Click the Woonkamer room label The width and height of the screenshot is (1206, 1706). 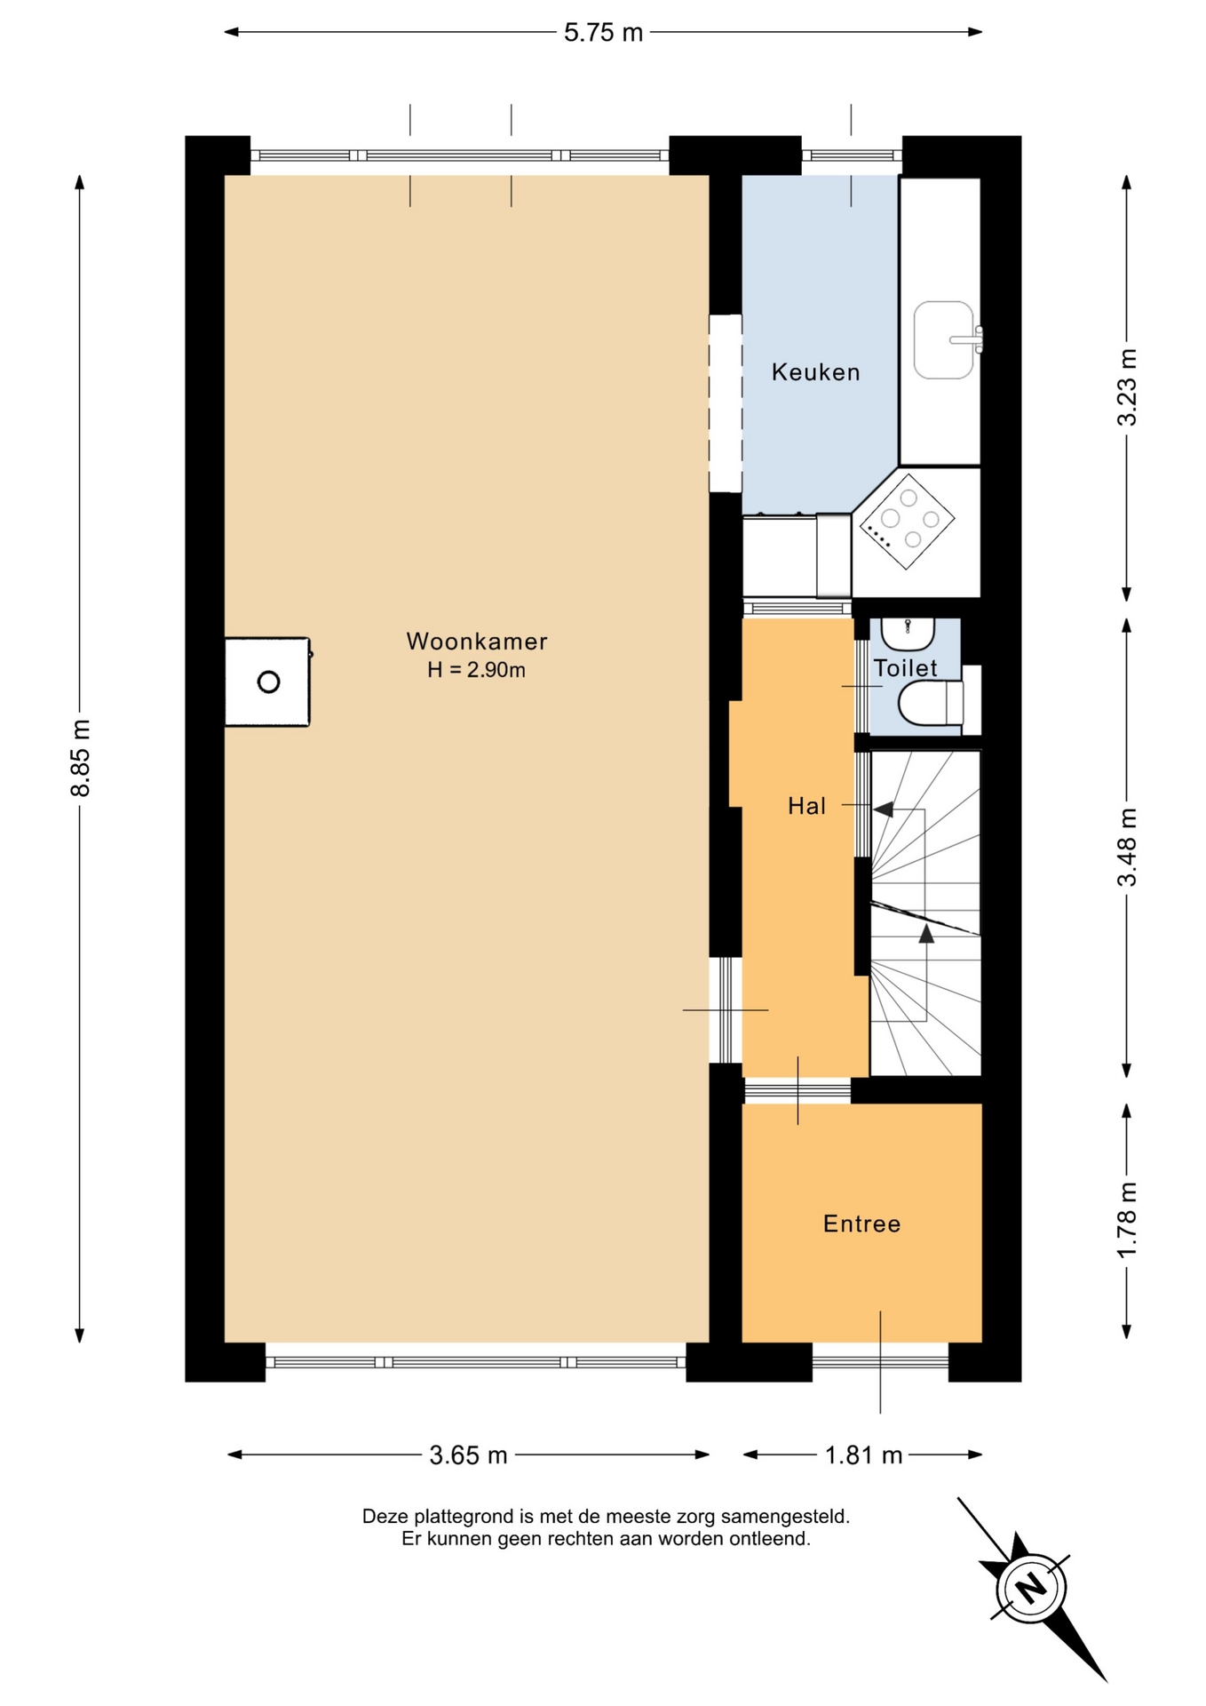pyautogui.click(x=477, y=641)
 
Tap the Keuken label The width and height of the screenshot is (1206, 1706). pyautogui.click(x=815, y=371)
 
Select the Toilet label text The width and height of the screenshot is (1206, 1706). pyautogui.click(x=905, y=668)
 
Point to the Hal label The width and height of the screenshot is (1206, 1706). pyautogui.click(x=806, y=806)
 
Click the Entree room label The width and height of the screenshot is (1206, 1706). pyautogui.click(x=861, y=1224)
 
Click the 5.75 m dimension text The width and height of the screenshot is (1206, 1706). pyautogui.click(x=603, y=33)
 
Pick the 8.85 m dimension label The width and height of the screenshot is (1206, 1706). pyautogui.click(x=81, y=758)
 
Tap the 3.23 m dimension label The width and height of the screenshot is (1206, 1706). pyautogui.click(x=1127, y=387)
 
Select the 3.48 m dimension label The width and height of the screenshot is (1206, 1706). pyautogui.click(x=1127, y=848)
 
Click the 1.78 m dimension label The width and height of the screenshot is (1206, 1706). pyautogui.click(x=1127, y=1220)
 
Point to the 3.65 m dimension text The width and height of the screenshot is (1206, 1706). pyautogui.click(x=468, y=1455)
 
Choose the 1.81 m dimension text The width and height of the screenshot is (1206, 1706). pyautogui.click(x=863, y=1455)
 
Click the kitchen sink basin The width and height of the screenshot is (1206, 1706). pyautogui.click(x=943, y=340)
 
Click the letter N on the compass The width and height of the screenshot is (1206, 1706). pyautogui.click(x=1030, y=1587)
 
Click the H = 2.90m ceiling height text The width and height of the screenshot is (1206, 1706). pyautogui.click(x=476, y=670)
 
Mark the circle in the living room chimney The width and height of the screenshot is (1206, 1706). pyautogui.click(x=268, y=682)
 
